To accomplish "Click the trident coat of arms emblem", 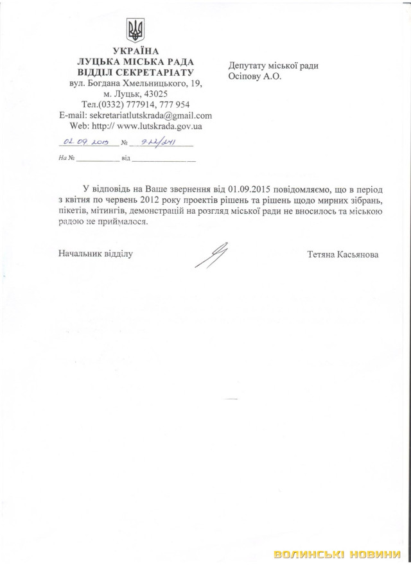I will point(135,30).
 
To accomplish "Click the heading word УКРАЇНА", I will point(135,51).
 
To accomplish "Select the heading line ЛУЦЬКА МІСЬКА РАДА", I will point(135,62).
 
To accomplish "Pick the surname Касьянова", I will point(358,254).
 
